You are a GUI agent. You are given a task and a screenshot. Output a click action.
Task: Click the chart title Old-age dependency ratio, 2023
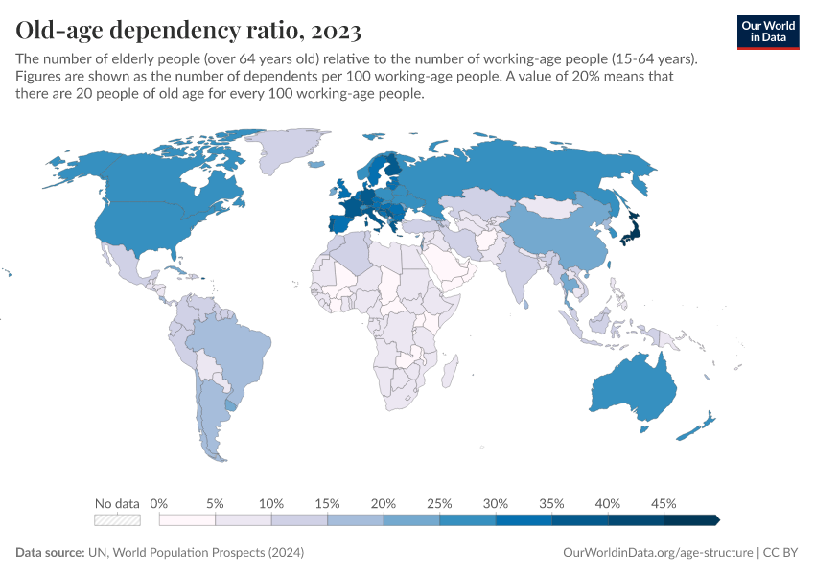[189, 31]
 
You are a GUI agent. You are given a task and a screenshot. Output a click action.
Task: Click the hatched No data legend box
[117, 519]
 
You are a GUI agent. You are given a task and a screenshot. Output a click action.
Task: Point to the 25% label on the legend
[439, 503]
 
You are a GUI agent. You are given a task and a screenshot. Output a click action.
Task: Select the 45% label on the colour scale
[664, 503]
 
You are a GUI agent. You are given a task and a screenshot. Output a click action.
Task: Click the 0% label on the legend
[160, 503]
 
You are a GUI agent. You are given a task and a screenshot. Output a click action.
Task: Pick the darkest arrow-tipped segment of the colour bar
[690, 519]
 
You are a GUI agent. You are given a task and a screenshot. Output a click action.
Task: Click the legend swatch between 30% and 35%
[524, 519]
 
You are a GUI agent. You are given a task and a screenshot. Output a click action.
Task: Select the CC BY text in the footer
[781, 553]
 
